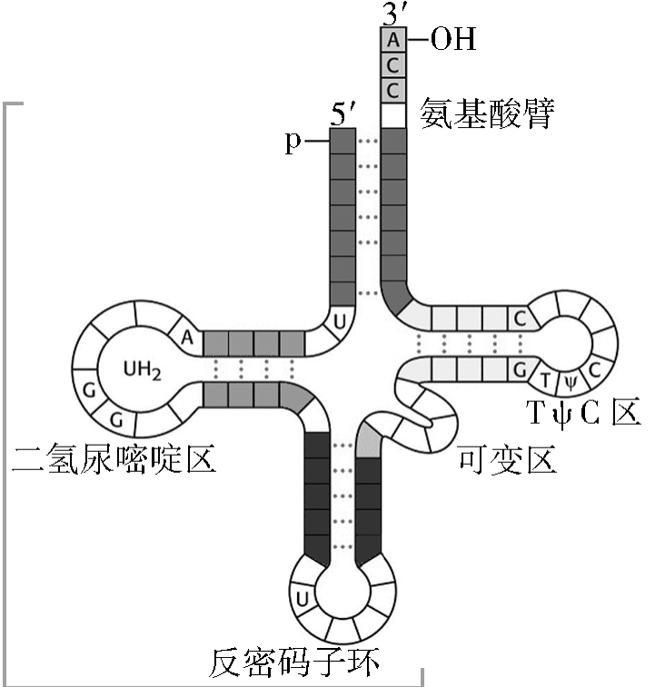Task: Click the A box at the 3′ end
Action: pyautogui.click(x=392, y=40)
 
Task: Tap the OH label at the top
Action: pyautogui.click(x=452, y=40)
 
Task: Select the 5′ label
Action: pyautogui.click(x=342, y=116)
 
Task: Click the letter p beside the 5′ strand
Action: pyautogui.click(x=293, y=142)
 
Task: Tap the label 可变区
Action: pyautogui.click(x=507, y=461)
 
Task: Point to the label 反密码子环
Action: pyautogui.click(x=293, y=662)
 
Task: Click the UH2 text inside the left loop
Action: pyautogui.click(x=143, y=368)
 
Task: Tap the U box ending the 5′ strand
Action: pyautogui.click(x=340, y=321)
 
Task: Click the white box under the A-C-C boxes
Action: pyautogui.click(x=392, y=116)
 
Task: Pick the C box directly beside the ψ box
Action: pyautogui.click(x=594, y=370)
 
